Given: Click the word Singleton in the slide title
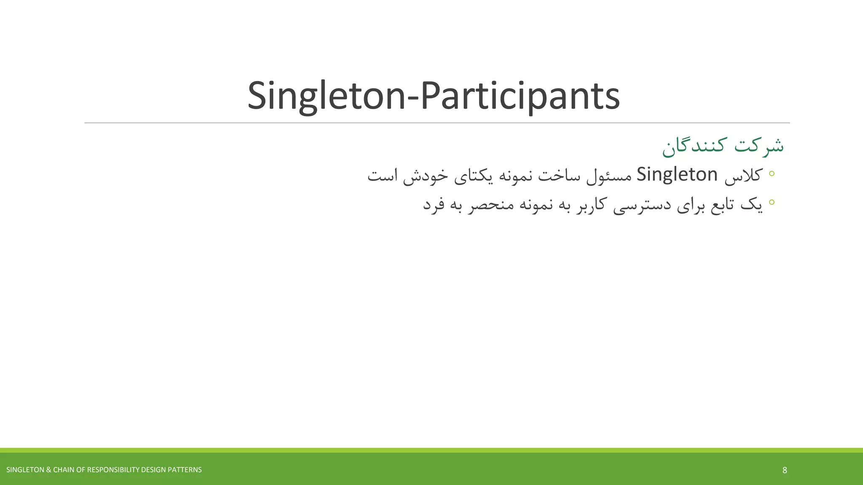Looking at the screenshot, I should tap(325, 96).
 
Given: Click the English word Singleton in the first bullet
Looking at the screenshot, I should tap(677, 175).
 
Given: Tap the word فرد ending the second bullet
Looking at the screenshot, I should tap(434, 205).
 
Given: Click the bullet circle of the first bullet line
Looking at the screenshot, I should tap(772, 173).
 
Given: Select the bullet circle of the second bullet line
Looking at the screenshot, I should tap(772, 202).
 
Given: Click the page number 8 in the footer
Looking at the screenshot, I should tap(785, 470).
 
